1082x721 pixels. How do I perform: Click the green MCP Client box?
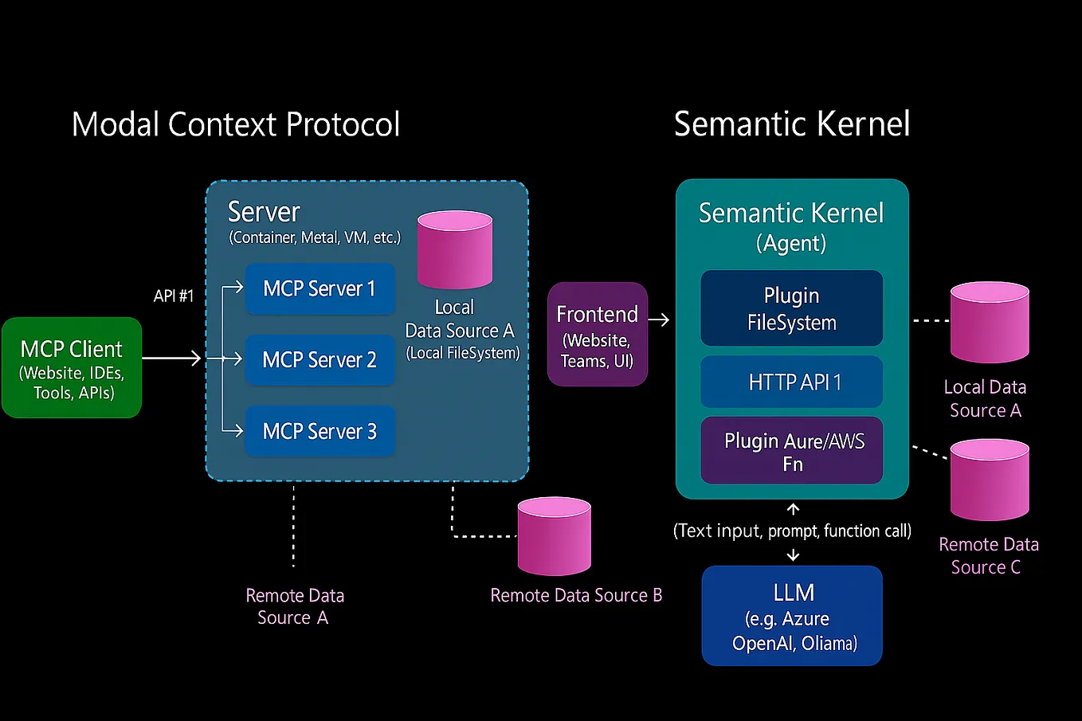click(72, 368)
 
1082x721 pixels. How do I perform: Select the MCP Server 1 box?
click(320, 288)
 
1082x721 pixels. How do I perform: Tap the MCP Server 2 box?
click(320, 360)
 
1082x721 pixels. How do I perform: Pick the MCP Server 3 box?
click(320, 431)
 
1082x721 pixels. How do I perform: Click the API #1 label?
click(174, 296)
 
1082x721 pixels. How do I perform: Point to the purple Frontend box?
click(598, 335)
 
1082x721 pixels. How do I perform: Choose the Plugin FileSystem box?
click(791, 308)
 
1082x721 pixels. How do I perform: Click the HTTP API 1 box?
click(791, 382)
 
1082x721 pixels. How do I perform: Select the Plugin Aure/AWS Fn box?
click(791, 451)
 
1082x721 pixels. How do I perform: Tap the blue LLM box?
click(792, 616)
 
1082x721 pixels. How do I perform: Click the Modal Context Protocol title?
click(236, 124)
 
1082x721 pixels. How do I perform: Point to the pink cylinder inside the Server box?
click(455, 249)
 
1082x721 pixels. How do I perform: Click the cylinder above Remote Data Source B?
click(555, 536)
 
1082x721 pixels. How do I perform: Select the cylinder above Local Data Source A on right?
click(990, 322)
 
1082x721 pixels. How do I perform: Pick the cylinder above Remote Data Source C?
click(990, 480)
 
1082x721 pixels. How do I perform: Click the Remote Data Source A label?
click(294, 606)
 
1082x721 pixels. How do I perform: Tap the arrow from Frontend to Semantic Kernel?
click(659, 320)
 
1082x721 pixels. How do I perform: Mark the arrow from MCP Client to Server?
click(172, 359)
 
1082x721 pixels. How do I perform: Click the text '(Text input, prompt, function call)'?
click(792, 531)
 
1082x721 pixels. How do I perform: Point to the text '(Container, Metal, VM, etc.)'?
click(315, 237)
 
